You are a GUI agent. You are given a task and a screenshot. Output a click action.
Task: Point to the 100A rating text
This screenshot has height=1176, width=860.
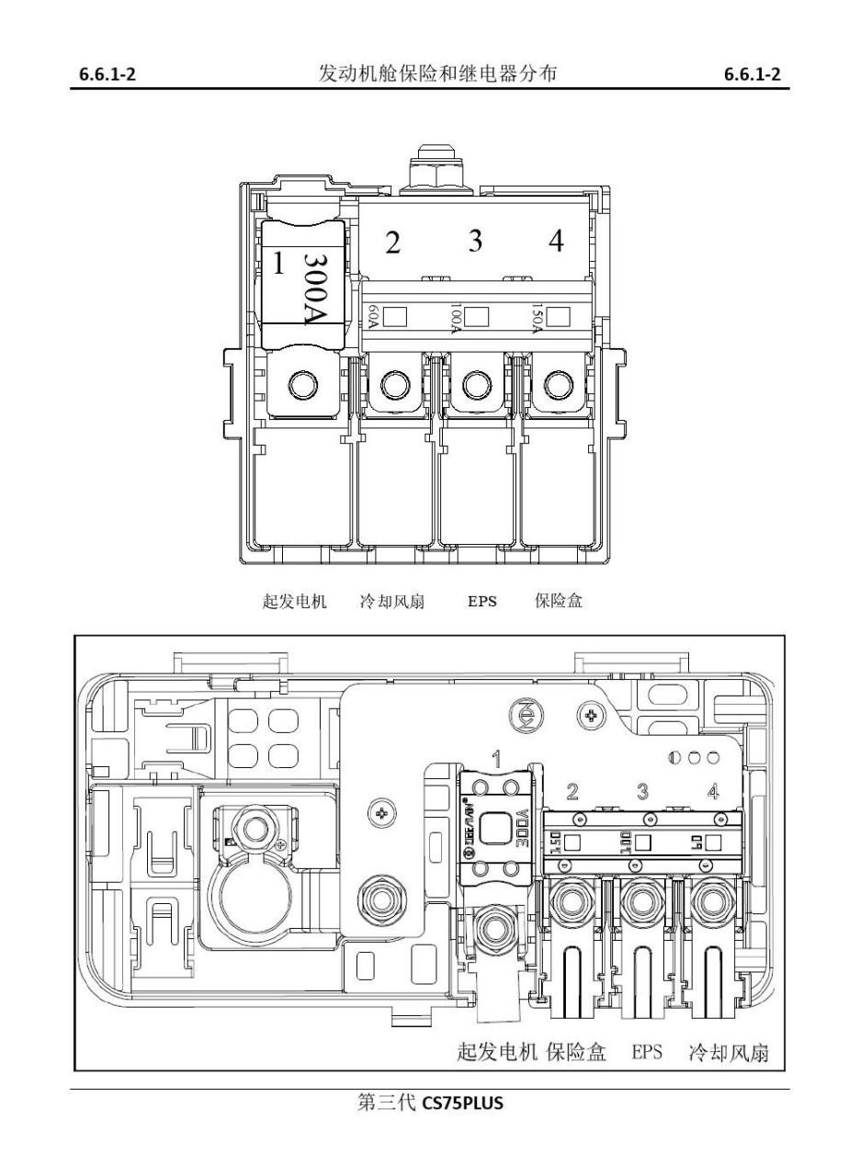(455, 318)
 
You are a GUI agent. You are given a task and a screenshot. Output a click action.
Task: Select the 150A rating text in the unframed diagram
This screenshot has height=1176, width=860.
(537, 318)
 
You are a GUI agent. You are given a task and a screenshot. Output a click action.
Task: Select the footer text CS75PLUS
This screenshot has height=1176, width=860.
(463, 1103)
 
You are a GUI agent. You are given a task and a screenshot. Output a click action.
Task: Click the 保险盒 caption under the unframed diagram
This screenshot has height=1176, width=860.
(559, 602)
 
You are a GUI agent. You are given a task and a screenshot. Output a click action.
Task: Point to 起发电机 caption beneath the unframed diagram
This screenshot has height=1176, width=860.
(295, 602)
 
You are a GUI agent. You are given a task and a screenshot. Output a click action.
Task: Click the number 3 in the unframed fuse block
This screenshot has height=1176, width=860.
(475, 241)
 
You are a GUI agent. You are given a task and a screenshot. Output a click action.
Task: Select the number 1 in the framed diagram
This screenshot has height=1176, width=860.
(496, 759)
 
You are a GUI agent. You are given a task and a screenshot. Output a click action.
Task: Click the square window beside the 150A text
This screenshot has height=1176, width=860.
(557, 318)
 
